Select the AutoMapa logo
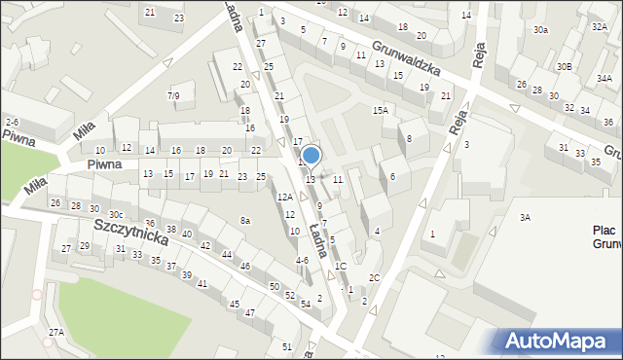(x=559, y=341)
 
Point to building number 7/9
(x=173, y=95)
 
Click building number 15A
(x=380, y=111)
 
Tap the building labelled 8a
(x=246, y=221)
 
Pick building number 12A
(x=284, y=198)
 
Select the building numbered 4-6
(x=302, y=260)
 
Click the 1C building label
(x=340, y=266)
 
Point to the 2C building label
(x=374, y=277)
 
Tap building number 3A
(x=525, y=218)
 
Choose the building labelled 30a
(x=540, y=31)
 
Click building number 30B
(x=565, y=67)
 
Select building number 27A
(x=56, y=333)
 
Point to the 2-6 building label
(x=12, y=121)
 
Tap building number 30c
(x=116, y=215)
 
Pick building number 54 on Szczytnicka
(x=305, y=305)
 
